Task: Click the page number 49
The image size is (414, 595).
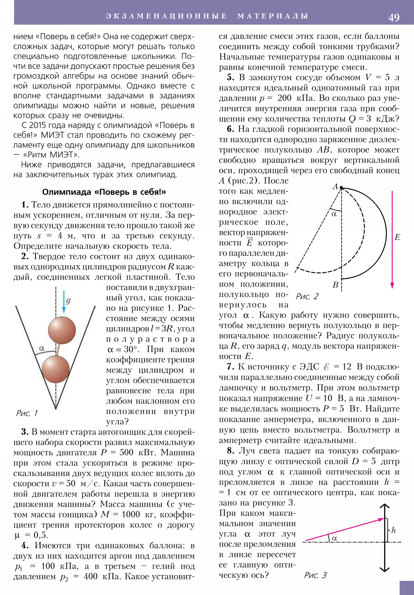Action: tap(394, 18)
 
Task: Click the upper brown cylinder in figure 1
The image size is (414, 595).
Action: tap(62, 330)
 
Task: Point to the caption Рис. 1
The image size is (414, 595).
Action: tap(27, 413)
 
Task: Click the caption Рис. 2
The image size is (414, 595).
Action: tap(307, 296)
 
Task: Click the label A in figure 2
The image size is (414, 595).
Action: tap(335, 187)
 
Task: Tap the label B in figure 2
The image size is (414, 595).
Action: tap(335, 285)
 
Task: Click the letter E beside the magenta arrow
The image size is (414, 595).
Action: tap(397, 237)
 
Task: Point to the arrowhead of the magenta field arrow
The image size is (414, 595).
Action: tap(392, 285)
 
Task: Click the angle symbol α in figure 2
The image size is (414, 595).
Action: tap(334, 214)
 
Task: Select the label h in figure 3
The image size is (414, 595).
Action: tap(394, 530)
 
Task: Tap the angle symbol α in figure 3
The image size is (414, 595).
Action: tap(334, 538)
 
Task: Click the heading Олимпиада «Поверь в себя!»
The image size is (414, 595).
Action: tap(104, 192)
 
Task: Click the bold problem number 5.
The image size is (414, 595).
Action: tap(231, 78)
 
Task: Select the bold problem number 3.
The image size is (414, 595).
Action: tap(25, 432)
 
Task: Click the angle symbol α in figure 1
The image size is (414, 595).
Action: tap(42, 348)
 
